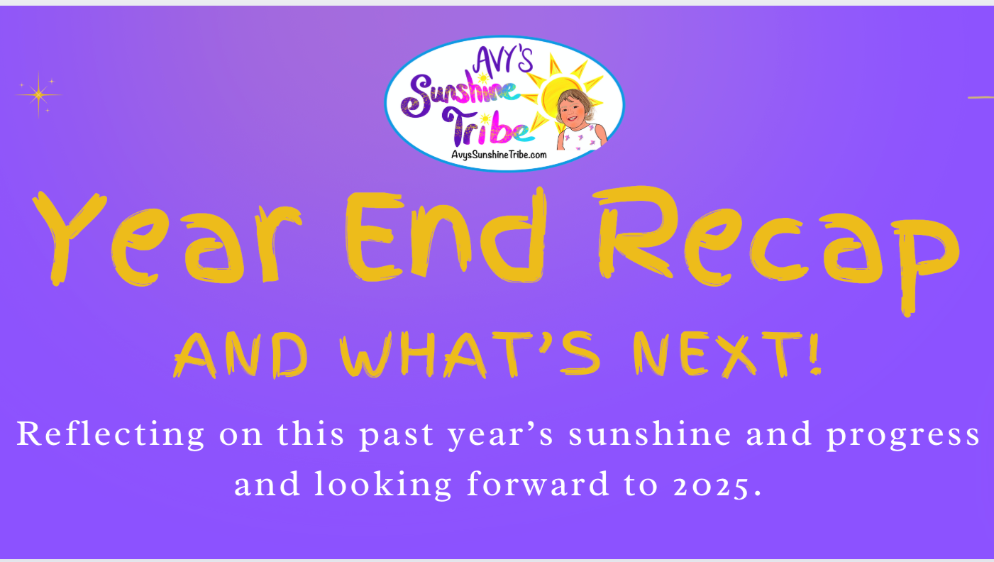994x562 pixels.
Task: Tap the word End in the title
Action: [446, 236]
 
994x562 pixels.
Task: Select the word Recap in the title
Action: [777, 250]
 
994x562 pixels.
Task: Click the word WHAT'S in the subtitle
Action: [470, 355]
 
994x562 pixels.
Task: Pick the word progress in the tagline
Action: [902, 436]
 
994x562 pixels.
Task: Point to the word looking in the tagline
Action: [383, 485]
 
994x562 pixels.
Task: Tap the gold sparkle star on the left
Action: [38, 94]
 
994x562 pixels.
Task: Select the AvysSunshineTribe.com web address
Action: [499, 155]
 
